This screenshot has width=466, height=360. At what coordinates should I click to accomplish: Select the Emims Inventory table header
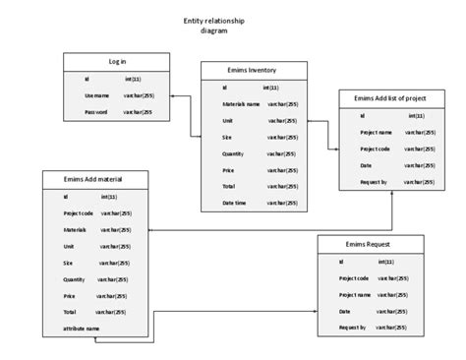pyautogui.click(x=249, y=70)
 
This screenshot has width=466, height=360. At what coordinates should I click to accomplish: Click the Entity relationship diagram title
pyautogui.click(x=213, y=25)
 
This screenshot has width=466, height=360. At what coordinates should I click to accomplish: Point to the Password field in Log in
pyautogui.click(x=95, y=113)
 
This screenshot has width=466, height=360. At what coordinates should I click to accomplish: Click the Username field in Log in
pyautogui.click(x=95, y=95)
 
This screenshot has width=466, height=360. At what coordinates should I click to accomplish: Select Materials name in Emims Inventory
pyautogui.click(x=241, y=103)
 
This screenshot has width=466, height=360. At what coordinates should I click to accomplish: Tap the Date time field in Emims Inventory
pyautogui.click(x=234, y=202)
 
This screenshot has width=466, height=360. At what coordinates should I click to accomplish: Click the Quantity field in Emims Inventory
pyautogui.click(x=233, y=152)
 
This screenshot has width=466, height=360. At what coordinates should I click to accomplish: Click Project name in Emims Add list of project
pyautogui.click(x=377, y=131)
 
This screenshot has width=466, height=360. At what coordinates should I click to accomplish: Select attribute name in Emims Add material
pyautogui.click(x=82, y=328)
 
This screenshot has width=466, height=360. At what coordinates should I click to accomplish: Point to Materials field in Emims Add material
pyautogui.click(x=76, y=228)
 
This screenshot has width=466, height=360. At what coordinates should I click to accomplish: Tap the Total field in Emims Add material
pyautogui.click(x=70, y=311)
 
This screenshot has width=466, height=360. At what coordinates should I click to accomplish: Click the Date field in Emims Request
pyautogui.click(x=345, y=311)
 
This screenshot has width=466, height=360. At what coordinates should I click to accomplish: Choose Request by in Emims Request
pyautogui.click(x=352, y=327)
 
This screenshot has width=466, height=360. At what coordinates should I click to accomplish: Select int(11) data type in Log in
pyautogui.click(x=134, y=79)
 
